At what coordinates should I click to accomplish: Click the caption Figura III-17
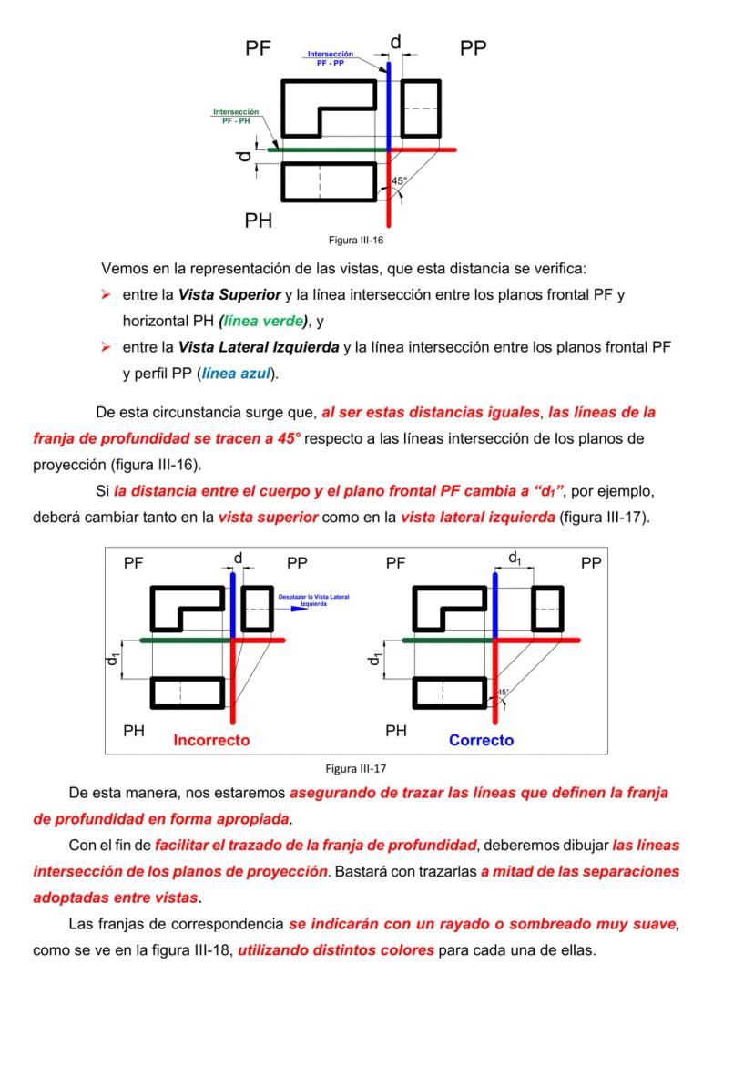coord(362,766)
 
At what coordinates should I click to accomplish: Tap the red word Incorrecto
coord(211,740)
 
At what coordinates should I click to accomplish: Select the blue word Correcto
coord(481,740)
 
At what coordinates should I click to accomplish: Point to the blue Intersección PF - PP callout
coord(330,58)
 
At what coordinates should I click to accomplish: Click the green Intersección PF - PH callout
coord(235,116)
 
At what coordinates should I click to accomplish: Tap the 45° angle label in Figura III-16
coord(398,181)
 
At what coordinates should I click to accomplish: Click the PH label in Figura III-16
coord(259,221)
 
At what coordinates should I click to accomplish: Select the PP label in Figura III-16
coord(473,49)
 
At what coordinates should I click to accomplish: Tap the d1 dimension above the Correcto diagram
coord(515,557)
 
